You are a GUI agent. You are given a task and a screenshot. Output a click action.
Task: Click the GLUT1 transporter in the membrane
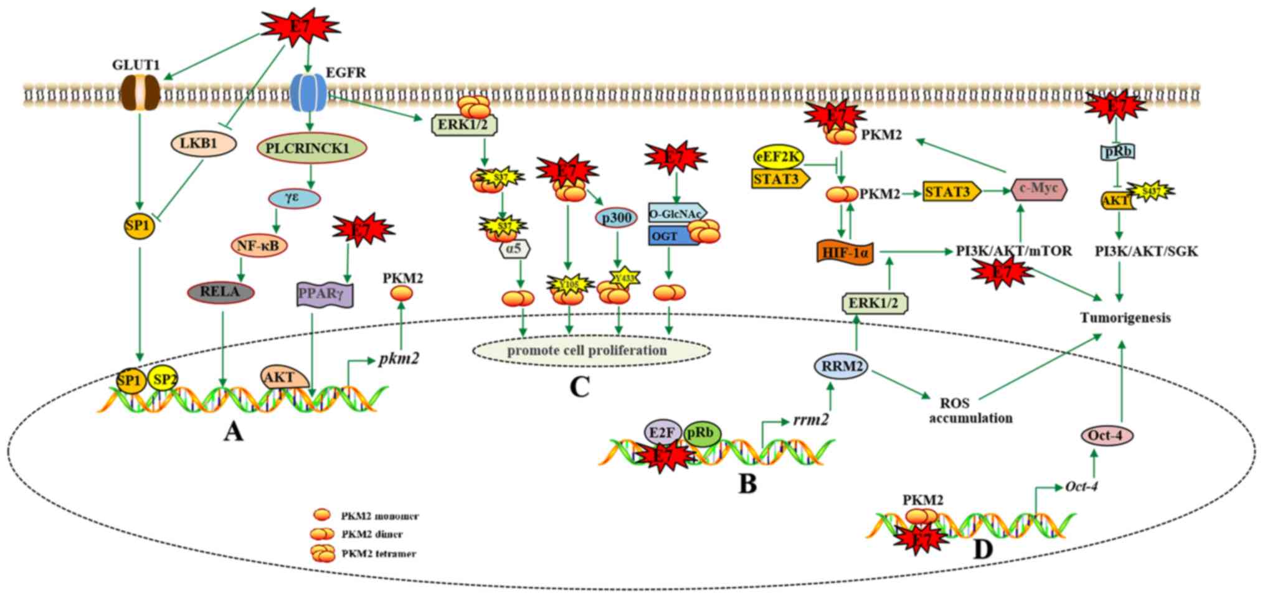[x=140, y=93]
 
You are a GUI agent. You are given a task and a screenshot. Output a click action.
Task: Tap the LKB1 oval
[x=203, y=144]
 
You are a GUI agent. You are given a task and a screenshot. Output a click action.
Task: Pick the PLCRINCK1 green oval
[x=311, y=148]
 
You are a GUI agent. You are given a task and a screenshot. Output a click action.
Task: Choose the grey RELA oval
[x=221, y=292]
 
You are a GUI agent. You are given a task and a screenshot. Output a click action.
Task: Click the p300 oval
[x=616, y=218]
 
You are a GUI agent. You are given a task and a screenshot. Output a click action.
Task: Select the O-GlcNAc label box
[x=676, y=213]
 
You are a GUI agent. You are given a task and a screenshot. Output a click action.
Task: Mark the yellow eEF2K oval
[x=779, y=157]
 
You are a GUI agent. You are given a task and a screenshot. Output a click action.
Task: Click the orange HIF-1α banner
[x=846, y=253]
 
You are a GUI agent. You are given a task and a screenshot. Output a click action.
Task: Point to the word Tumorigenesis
[x=1125, y=318]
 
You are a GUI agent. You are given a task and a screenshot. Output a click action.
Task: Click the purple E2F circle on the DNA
[x=662, y=432]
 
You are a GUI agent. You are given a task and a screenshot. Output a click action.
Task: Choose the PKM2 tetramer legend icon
[x=323, y=553]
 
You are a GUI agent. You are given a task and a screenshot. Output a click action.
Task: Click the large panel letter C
[x=579, y=387]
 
